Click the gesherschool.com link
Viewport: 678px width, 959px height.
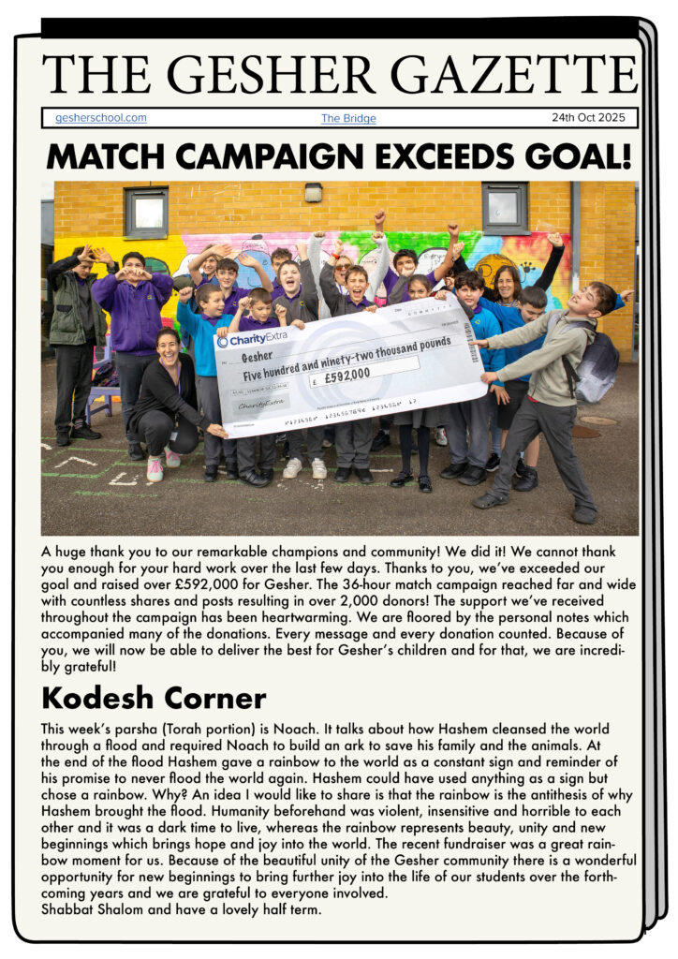(101, 118)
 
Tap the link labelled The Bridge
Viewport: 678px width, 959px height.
(348, 119)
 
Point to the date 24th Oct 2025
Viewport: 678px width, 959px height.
(590, 118)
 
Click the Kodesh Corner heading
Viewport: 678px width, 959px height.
(155, 698)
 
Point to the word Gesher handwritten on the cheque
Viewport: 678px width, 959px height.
(258, 358)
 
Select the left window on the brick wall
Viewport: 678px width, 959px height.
(146, 212)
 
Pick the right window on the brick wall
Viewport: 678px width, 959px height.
(505, 207)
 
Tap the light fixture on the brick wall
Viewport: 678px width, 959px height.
(314, 192)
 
